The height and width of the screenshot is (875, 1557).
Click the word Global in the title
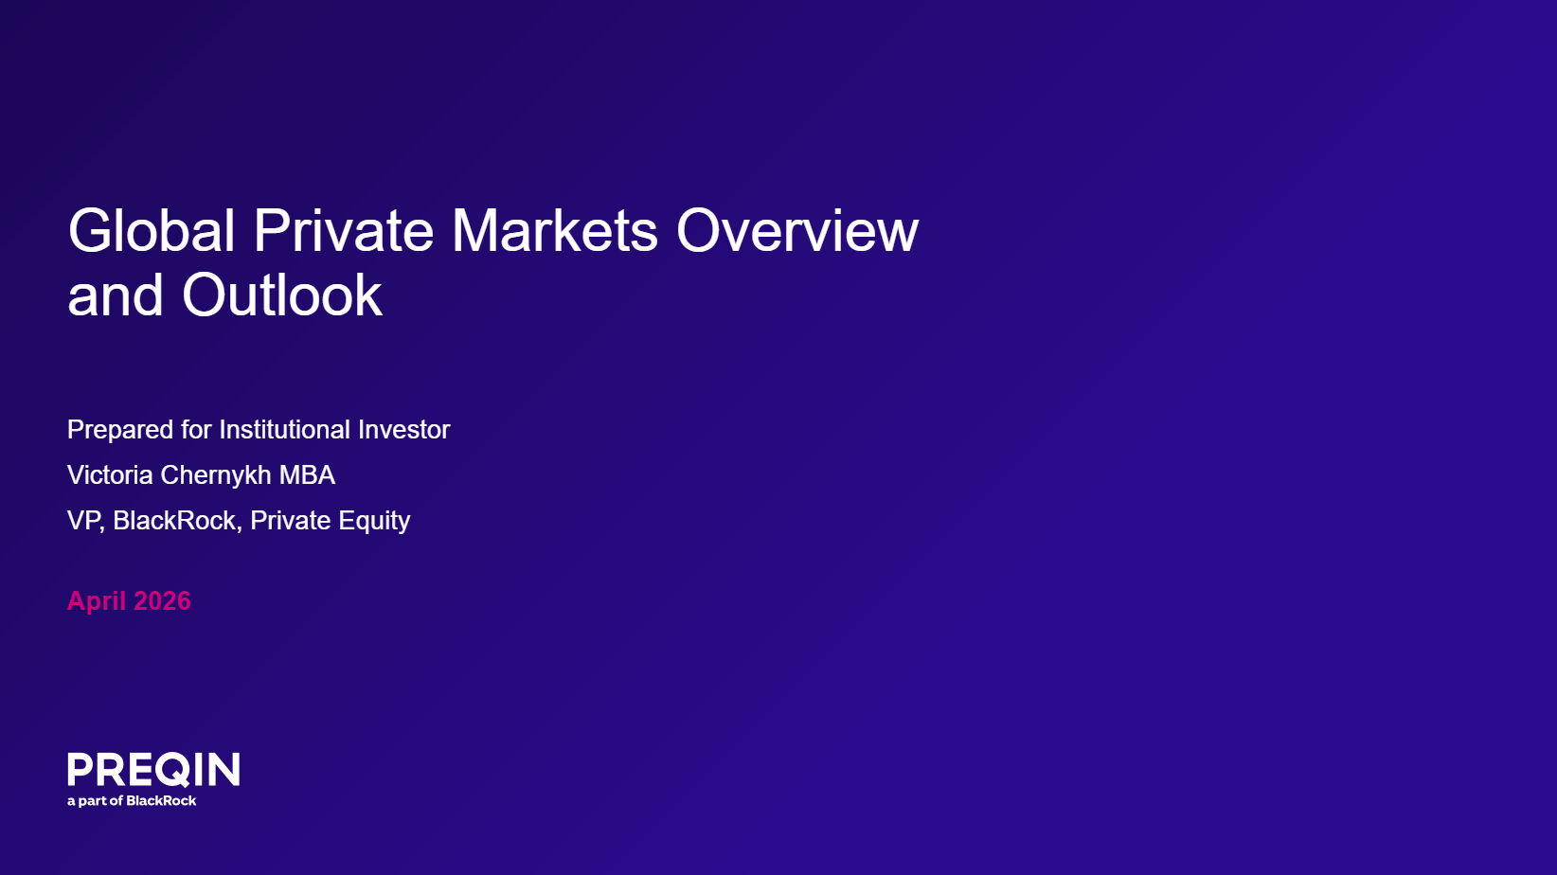(x=151, y=230)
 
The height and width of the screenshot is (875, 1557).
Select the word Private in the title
(x=344, y=230)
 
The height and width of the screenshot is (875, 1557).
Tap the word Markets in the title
(x=555, y=230)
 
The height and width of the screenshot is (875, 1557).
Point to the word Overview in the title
(x=797, y=230)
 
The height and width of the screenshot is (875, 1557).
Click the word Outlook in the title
(x=282, y=295)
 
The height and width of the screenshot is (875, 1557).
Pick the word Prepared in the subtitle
(x=120, y=430)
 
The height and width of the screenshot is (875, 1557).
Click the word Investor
(x=403, y=430)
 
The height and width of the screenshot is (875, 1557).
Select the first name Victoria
(x=110, y=475)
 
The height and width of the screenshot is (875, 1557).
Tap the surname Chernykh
(x=216, y=476)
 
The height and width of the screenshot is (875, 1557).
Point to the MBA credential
(x=307, y=475)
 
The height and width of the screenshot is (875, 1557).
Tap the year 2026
(x=162, y=601)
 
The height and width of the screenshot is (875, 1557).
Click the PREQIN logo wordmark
(x=153, y=769)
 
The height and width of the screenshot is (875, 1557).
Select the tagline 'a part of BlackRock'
(x=132, y=800)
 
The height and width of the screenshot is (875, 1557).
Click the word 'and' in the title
(x=116, y=295)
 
